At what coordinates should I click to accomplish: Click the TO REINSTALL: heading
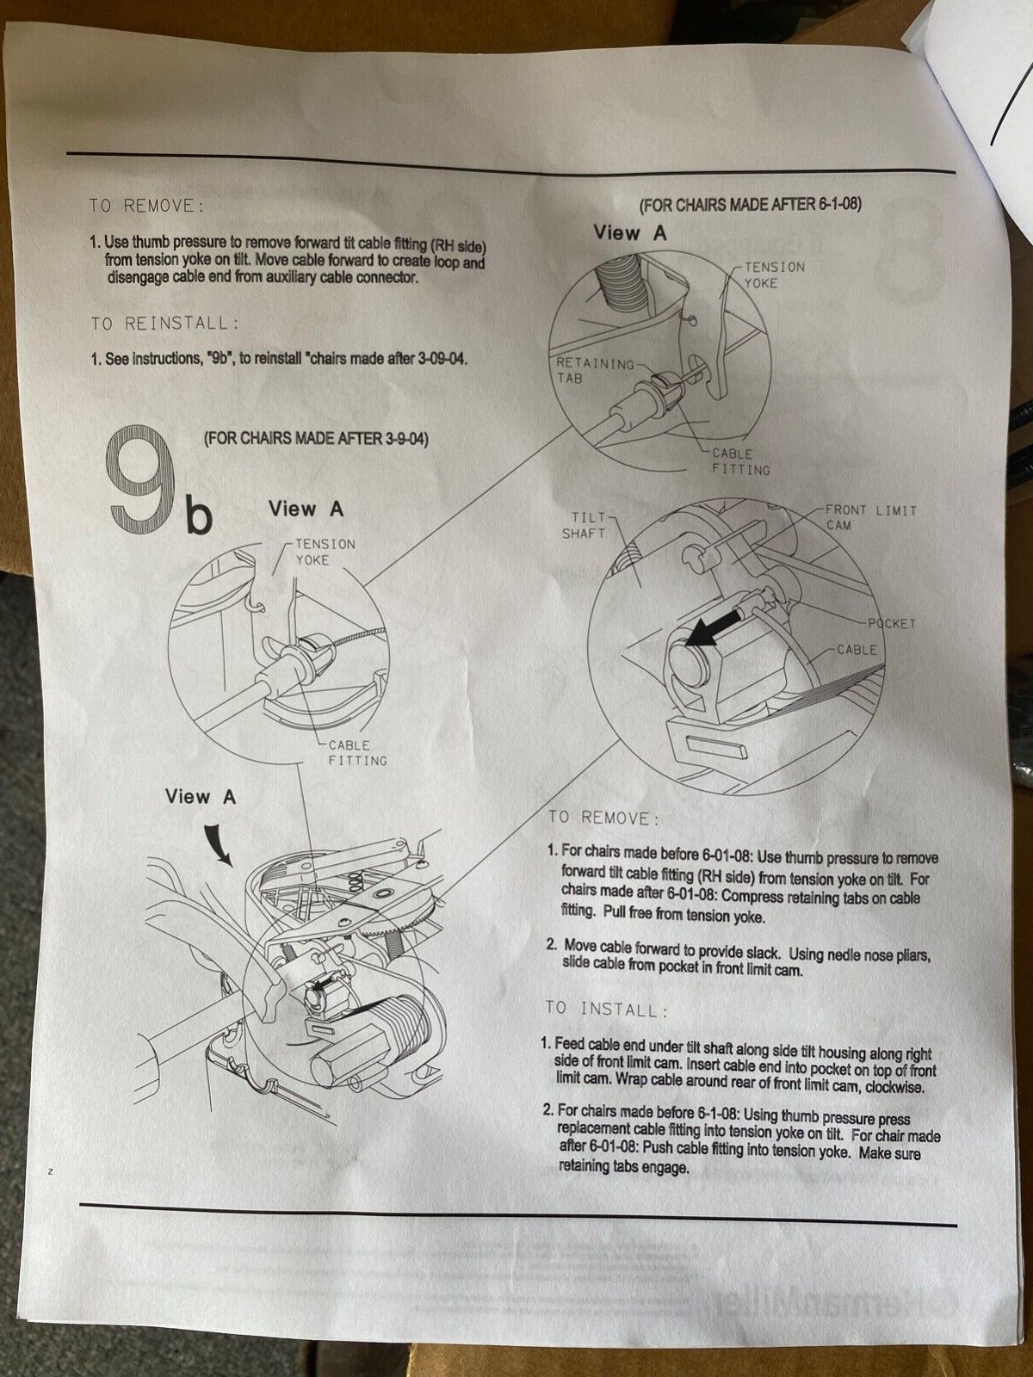pos(164,324)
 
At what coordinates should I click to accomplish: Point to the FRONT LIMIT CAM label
pos(870,517)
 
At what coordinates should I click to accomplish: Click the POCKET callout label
pos(892,623)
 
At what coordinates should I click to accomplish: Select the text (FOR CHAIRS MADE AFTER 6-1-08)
pos(749,205)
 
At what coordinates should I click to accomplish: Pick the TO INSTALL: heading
pos(606,1009)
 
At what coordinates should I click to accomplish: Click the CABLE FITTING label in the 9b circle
pos(356,753)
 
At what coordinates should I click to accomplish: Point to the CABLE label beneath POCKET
pos(857,650)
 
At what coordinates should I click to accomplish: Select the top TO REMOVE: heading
pos(146,206)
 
